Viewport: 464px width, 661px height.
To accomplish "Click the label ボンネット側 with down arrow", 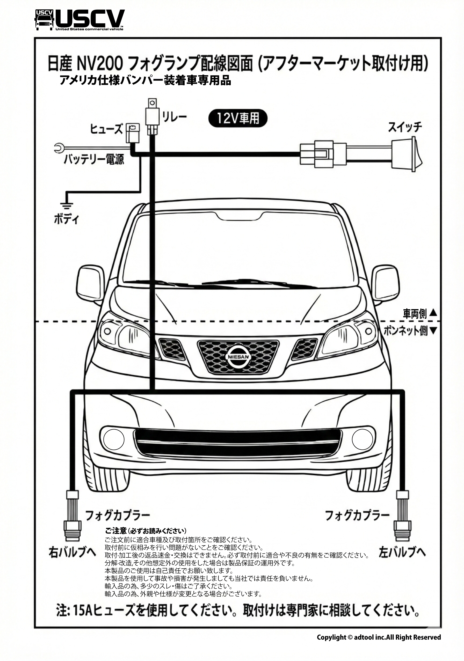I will coord(409,331).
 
